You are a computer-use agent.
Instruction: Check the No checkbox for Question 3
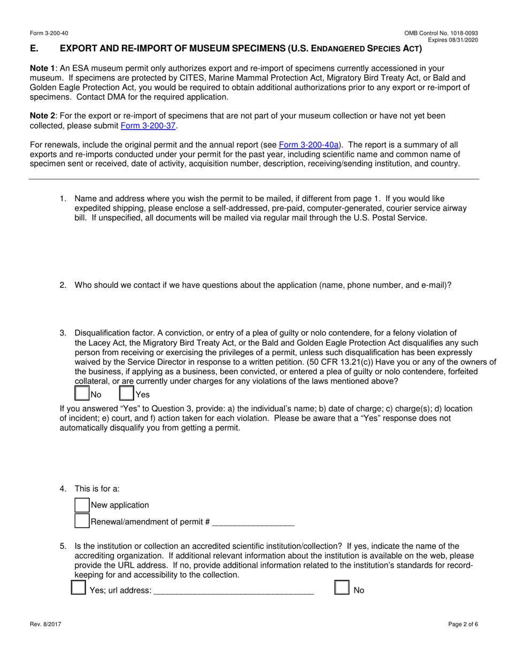coord(82,394)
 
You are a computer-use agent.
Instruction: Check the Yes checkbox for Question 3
coord(127,394)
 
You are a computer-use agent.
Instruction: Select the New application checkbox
coord(82,505)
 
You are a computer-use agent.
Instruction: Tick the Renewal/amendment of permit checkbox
coord(82,522)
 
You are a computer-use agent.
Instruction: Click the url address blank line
coord(234,591)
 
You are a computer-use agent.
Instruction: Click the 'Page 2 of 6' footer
coord(463,624)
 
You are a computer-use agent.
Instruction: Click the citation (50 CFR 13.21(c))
coord(340,362)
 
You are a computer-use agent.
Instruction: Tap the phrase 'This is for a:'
coord(97,488)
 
